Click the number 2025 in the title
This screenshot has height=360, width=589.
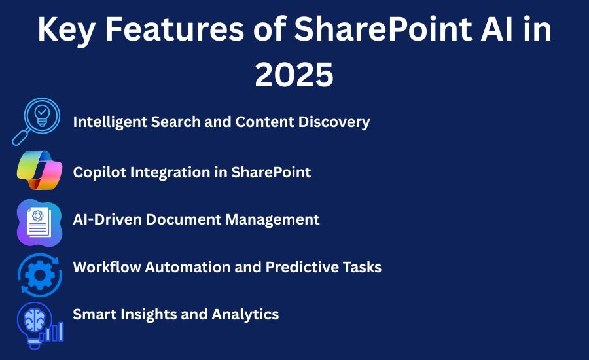point(294,75)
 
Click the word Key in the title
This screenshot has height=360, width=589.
point(66,30)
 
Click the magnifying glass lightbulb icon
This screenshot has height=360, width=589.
point(36,121)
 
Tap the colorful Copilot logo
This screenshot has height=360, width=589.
point(39,170)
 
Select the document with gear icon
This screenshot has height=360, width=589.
point(39,223)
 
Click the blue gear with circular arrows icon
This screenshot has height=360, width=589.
point(39,275)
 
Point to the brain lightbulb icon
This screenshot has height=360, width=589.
point(40,325)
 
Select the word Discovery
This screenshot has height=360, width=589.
point(334,122)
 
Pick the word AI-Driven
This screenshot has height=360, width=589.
point(107,219)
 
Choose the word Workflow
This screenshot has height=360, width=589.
point(107,267)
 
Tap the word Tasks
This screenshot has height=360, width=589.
point(362,267)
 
